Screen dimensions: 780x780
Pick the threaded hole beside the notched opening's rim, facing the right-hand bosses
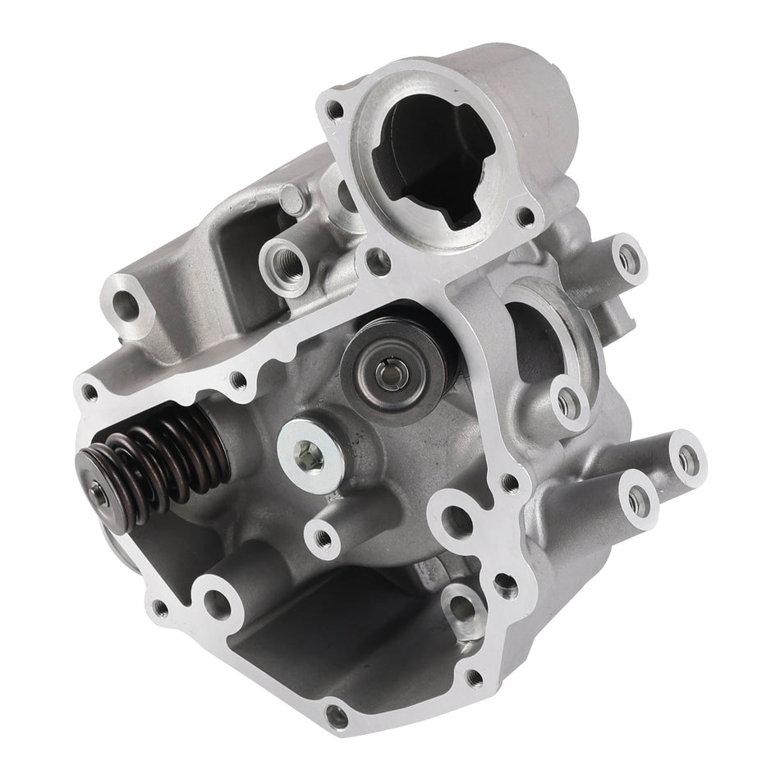[x=522, y=218]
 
